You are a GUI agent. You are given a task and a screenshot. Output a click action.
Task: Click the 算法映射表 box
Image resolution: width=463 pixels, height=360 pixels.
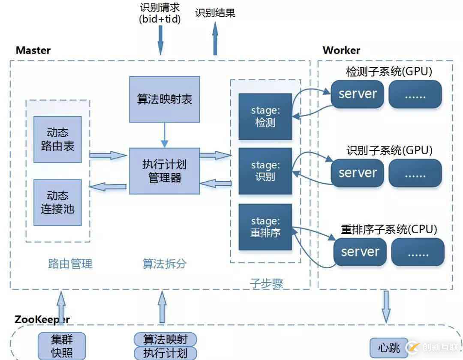[x=165, y=99]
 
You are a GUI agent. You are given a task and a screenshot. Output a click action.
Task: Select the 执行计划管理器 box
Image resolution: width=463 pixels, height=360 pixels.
[x=165, y=171]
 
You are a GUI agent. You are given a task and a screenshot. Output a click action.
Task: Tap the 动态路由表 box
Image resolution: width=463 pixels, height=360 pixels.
[x=57, y=139]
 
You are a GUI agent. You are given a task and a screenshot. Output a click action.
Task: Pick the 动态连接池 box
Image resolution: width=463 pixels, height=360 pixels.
[x=57, y=202]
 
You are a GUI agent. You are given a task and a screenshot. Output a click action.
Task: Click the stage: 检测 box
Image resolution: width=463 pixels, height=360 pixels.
[x=265, y=117]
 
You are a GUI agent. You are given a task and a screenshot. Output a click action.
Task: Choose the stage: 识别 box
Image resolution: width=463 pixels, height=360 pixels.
[x=265, y=171]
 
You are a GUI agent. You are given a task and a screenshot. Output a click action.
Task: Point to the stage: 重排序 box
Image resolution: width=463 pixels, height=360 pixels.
[x=265, y=227]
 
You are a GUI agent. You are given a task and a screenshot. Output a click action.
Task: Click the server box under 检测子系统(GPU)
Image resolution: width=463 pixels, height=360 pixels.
[x=358, y=94]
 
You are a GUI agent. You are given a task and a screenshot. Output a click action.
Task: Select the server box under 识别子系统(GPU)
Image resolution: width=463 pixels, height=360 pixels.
[x=358, y=173]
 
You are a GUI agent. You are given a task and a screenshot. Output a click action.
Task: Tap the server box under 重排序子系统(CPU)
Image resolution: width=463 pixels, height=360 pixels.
[x=360, y=252]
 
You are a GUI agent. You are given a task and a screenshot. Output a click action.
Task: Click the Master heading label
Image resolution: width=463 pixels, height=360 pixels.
[x=33, y=50]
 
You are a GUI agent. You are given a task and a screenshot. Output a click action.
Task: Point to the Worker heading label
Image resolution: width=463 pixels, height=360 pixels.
[x=341, y=50]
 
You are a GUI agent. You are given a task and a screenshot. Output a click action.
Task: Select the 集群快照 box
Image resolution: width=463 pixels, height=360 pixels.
[x=62, y=346]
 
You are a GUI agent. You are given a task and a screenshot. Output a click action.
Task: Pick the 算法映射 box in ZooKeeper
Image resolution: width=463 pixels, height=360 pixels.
[x=165, y=339]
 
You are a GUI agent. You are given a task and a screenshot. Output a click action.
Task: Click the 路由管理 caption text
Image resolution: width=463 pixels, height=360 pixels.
[x=70, y=264]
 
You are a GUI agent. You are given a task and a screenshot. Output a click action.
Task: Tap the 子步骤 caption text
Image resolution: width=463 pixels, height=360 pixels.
[x=266, y=283]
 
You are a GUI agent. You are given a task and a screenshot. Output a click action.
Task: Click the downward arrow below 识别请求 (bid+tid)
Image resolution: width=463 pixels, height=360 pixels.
[x=161, y=39]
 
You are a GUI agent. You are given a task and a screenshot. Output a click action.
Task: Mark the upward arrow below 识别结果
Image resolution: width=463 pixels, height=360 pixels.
[x=215, y=39]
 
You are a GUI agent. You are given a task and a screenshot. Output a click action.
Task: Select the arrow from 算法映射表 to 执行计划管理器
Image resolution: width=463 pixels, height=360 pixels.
[x=165, y=135]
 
